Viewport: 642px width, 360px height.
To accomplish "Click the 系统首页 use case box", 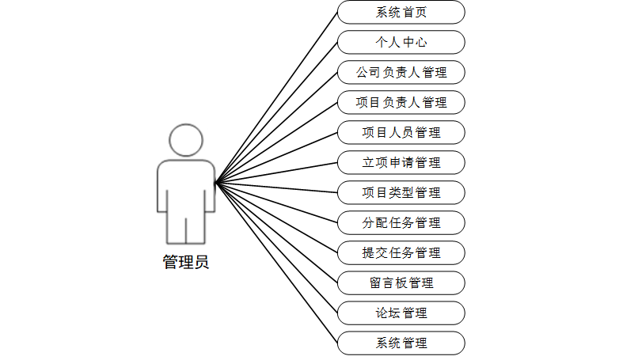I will click(x=401, y=13).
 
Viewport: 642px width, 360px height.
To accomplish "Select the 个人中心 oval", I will click(x=401, y=43).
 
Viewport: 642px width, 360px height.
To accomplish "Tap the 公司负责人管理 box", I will click(x=401, y=73).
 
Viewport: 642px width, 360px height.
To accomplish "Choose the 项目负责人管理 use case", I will click(x=401, y=103).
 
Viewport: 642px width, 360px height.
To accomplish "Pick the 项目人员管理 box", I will click(x=401, y=132).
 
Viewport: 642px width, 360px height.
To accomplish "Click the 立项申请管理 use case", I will click(x=401, y=163).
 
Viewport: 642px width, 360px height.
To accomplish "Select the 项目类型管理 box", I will click(x=401, y=192).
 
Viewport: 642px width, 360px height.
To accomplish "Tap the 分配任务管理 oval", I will click(x=401, y=222).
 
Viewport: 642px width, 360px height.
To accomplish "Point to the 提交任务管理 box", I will click(x=401, y=252).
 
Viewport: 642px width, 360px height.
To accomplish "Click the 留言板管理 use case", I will click(x=401, y=282).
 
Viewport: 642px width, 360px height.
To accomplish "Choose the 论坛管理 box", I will click(x=401, y=313).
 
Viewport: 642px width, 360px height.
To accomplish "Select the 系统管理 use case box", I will click(x=401, y=343).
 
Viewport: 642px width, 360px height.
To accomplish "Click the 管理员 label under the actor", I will click(x=186, y=262).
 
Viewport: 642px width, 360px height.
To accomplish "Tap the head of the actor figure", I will click(x=186, y=141).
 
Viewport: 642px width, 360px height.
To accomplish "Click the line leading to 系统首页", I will click(x=277, y=97).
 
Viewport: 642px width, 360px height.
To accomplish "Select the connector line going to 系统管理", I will click(x=277, y=263).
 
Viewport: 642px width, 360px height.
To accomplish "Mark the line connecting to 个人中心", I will click(x=277, y=112).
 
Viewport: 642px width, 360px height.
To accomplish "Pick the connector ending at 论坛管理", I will click(x=277, y=248).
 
